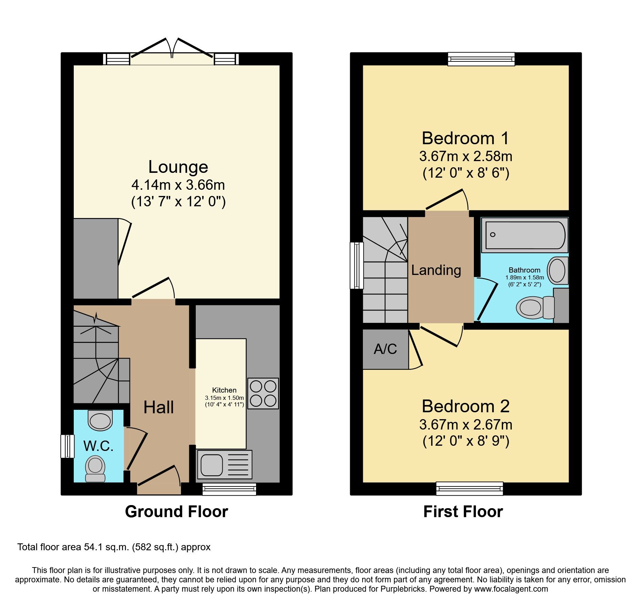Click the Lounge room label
click(x=178, y=167)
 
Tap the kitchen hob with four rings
click(x=263, y=394)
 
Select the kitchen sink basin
click(x=211, y=465)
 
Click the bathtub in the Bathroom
click(x=525, y=235)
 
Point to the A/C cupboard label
click(x=385, y=349)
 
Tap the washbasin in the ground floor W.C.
click(x=100, y=420)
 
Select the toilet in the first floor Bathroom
click(x=534, y=307)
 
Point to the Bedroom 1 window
click(x=481, y=59)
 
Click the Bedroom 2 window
click(x=469, y=488)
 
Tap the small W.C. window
click(x=68, y=446)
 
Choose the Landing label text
click(x=436, y=270)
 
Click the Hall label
click(x=159, y=407)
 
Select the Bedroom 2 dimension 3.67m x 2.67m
click(x=466, y=425)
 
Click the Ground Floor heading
click(x=176, y=512)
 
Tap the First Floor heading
click(x=463, y=512)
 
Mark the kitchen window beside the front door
click(x=229, y=489)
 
